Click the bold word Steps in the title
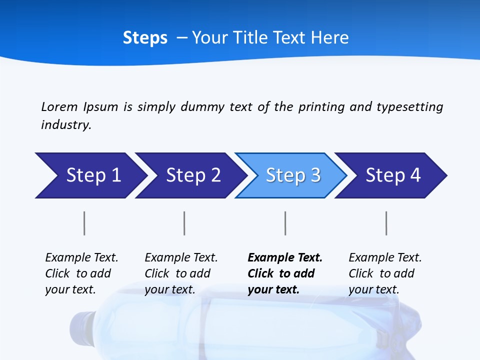[145, 38]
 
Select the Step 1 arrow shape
[90, 175]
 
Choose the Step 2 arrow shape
[190, 175]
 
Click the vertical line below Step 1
[84, 223]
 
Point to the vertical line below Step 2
[184, 223]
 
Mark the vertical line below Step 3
[285, 223]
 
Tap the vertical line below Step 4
[386, 223]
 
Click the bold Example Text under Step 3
[285, 258]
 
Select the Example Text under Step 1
[81, 258]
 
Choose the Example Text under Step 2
[181, 258]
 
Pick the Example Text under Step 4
[385, 258]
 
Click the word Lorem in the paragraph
[59, 107]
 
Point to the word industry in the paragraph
[65, 125]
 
